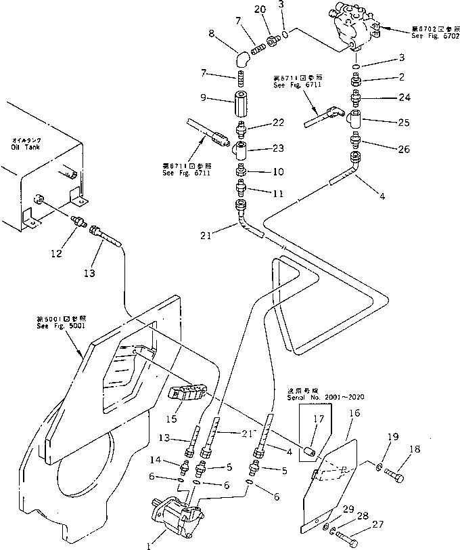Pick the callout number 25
click(x=404, y=123)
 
